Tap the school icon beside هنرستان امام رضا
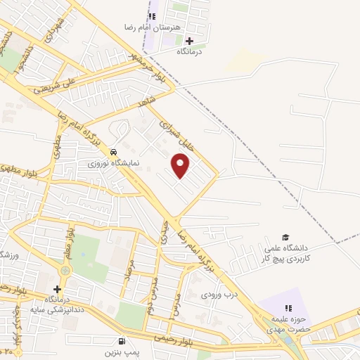(152, 15)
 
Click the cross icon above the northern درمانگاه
(189, 40)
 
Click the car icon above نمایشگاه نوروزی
(114, 151)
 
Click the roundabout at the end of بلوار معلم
(65, 269)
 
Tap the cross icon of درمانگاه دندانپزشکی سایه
(57, 288)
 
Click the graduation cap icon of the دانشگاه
(285, 237)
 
